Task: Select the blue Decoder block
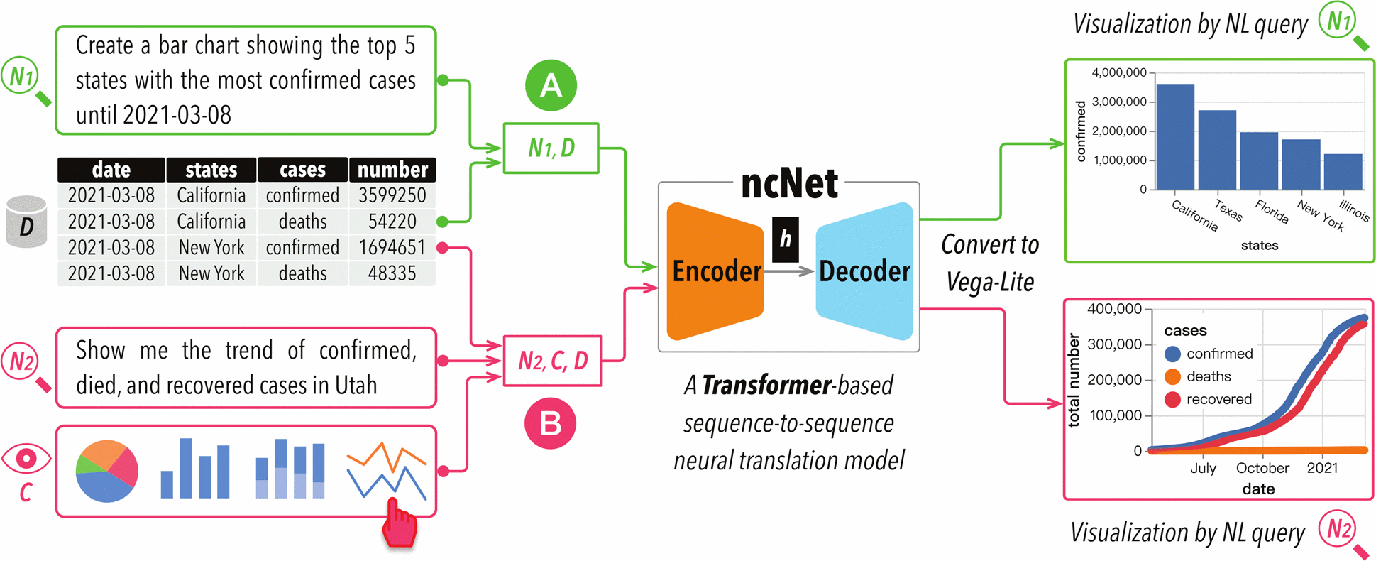(x=864, y=271)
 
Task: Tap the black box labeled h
(x=786, y=239)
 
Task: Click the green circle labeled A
(x=551, y=86)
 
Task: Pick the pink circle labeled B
(x=550, y=423)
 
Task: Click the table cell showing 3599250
(x=392, y=195)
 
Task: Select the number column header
(x=392, y=170)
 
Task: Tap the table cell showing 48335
(x=392, y=273)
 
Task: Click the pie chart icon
(x=106, y=471)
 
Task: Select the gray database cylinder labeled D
(x=26, y=222)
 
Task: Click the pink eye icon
(x=26, y=459)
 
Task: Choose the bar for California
(x=1174, y=136)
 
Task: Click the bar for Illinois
(x=1343, y=171)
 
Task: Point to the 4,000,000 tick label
(x=1119, y=72)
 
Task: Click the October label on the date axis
(x=1262, y=468)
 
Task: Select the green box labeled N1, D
(x=551, y=148)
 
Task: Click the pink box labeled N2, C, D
(x=553, y=361)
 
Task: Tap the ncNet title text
(x=789, y=184)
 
